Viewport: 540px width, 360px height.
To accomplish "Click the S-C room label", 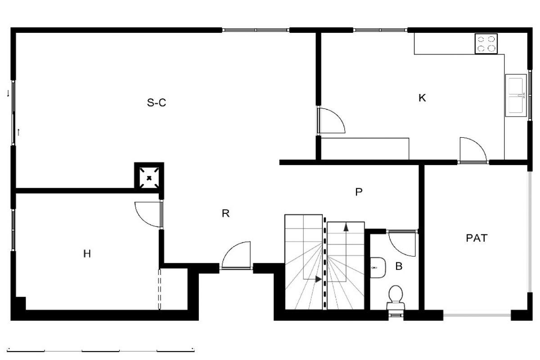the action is (157, 103).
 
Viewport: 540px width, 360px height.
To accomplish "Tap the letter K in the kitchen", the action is (422, 98).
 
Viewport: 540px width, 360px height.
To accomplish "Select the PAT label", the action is (477, 238).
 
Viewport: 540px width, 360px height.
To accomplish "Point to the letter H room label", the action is (87, 254).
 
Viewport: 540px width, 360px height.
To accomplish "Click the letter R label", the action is (225, 213).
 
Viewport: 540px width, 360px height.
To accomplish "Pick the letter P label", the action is (359, 192).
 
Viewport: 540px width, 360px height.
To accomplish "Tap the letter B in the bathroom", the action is (399, 266).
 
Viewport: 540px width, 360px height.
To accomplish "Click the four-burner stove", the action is (486, 44).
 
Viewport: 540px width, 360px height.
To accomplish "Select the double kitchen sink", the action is (516, 95).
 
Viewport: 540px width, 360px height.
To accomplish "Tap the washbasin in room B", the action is (378, 268).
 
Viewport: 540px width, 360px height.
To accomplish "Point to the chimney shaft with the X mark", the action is (149, 178).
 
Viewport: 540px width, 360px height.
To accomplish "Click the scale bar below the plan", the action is (100, 350).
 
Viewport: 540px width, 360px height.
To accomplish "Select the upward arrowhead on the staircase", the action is (346, 227).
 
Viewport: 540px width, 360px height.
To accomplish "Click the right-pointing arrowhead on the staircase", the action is (319, 279).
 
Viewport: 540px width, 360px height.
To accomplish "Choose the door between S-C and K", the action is (331, 120).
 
